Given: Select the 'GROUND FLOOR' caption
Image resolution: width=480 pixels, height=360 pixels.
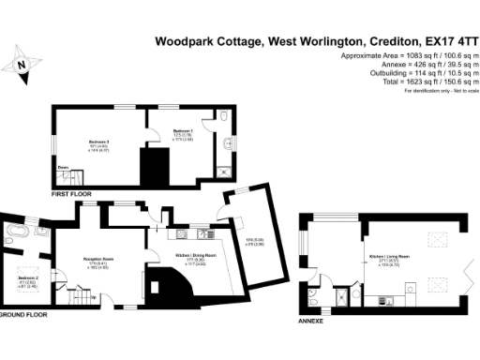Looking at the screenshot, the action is coord(22,315).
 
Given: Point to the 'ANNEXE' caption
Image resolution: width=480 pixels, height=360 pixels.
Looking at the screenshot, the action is coord(310,321).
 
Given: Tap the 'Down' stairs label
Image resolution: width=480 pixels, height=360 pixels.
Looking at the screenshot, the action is coord(62,168).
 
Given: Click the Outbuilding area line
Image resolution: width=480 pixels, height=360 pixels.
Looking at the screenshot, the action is coord(425,75).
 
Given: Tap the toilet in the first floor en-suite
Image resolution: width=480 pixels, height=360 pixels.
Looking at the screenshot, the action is coord(227,116).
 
